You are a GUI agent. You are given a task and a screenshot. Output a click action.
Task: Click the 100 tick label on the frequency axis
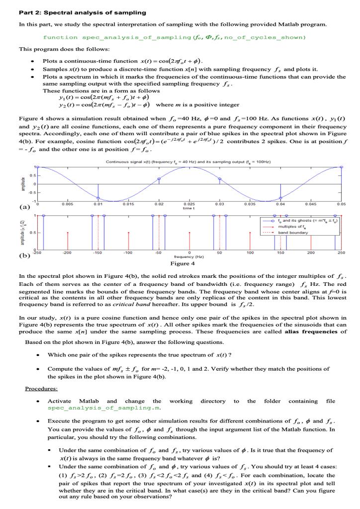pos(250,253)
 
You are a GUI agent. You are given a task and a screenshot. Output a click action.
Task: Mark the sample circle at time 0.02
pos(159,178)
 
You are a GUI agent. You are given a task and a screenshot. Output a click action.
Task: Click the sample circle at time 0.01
pos(98,198)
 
